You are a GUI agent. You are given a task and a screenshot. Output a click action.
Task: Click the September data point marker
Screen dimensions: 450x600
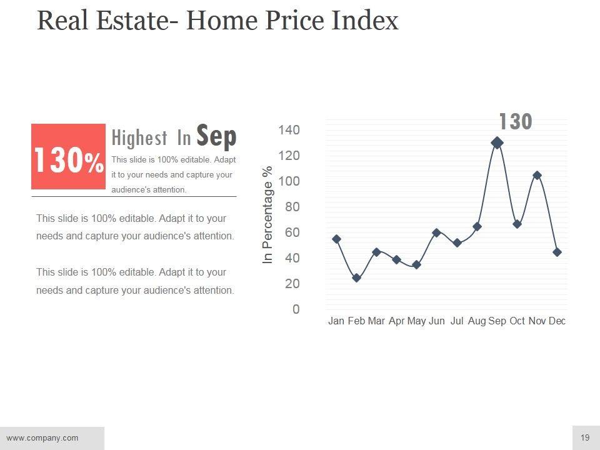497,142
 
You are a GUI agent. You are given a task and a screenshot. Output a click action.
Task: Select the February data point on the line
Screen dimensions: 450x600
356,277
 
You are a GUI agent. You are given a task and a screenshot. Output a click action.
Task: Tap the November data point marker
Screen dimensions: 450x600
537,176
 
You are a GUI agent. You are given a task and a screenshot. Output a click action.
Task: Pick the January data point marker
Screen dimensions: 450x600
336,239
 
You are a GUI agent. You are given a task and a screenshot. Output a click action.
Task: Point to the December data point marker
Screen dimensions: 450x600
557,252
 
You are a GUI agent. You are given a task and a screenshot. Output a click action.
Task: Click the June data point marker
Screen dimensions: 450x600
436,232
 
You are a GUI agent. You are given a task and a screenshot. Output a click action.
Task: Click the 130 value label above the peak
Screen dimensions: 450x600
515,122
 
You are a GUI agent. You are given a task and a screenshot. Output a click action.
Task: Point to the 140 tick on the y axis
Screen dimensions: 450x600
289,130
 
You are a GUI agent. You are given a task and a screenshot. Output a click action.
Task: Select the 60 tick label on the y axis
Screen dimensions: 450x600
292,232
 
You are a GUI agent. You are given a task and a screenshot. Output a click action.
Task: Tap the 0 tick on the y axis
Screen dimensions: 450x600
296,309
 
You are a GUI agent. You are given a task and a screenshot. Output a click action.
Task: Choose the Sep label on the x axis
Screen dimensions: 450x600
497,321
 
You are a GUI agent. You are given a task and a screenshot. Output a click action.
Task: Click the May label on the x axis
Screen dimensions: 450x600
416,321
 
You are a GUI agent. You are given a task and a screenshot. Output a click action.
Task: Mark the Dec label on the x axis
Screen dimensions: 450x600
557,321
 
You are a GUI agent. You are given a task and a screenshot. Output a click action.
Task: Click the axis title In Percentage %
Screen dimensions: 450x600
268,214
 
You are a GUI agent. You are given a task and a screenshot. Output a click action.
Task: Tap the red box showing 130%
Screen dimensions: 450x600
68,156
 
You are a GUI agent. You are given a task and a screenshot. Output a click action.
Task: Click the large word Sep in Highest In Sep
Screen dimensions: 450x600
216,136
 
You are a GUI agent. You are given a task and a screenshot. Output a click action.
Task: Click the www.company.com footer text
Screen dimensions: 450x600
42,437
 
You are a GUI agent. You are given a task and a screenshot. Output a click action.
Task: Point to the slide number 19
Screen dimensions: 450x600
585,437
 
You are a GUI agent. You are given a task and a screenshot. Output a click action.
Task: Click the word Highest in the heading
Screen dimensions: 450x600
139,137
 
